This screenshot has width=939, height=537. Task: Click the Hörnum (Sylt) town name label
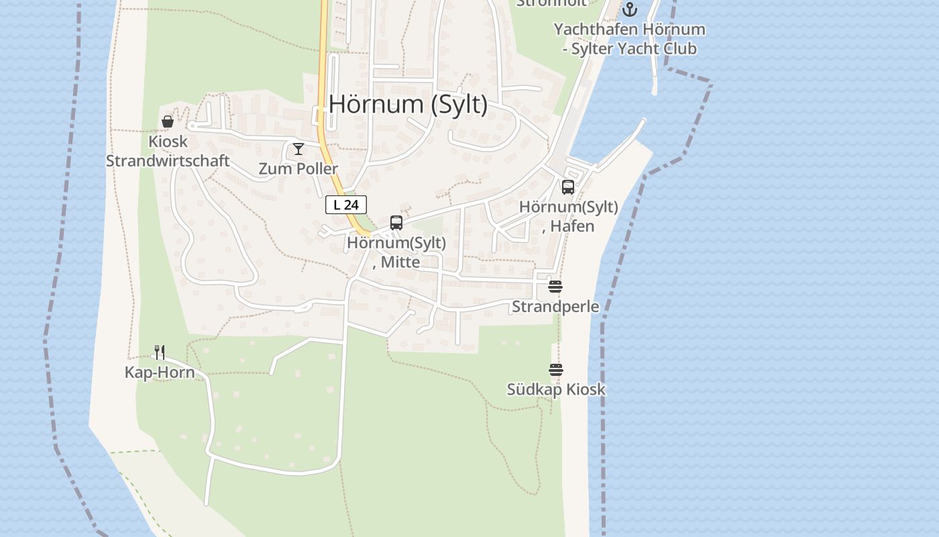click(408, 105)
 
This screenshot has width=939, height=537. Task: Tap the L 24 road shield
click(346, 205)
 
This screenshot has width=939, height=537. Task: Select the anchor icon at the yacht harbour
click(629, 9)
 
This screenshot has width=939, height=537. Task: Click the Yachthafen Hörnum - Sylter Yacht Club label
click(629, 39)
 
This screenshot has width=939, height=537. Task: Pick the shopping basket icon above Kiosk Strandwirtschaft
click(168, 121)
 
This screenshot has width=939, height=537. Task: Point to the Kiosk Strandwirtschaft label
click(168, 152)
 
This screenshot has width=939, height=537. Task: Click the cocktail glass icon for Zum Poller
click(298, 149)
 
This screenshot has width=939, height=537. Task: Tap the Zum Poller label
click(298, 168)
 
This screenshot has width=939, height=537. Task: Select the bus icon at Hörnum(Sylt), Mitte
click(396, 223)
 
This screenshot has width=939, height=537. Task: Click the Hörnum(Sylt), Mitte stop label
click(396, 252)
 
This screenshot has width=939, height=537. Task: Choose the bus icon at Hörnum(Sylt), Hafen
click(568, 187)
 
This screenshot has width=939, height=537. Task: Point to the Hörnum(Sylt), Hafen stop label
click(569, 216)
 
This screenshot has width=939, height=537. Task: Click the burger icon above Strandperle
click(555, 287)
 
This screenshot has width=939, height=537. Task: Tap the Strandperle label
click(555, 307)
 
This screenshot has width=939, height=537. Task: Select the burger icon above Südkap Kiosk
click(555, 369)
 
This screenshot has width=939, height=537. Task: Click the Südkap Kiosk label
click(556, 389)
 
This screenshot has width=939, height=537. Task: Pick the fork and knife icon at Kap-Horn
click(160, 352)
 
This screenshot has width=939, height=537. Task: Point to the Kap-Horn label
click(160, 373)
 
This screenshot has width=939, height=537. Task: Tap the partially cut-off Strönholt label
click(551, 3)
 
